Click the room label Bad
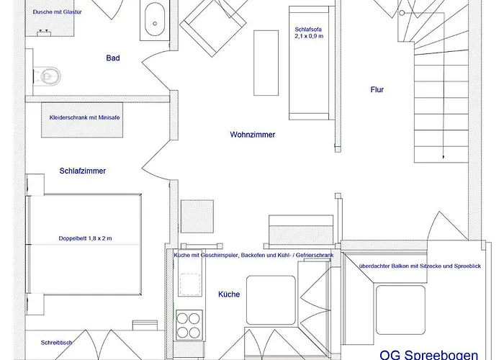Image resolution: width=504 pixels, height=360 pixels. point(113,58)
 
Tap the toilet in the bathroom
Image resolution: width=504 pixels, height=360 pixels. point(47,76)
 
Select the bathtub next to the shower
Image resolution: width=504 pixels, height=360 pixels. point(155,20)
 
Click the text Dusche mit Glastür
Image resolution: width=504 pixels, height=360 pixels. point(57,12)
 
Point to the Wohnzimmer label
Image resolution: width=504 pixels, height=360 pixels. point(253,135)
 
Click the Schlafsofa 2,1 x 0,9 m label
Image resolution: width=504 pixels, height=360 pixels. point(309,33)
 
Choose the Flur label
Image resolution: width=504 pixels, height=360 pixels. point(377,90)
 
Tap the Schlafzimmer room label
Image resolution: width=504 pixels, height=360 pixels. point(83,171)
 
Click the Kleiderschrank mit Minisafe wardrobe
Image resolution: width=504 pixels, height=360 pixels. point(82,120)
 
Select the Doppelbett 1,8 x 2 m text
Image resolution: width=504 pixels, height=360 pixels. point(85,238)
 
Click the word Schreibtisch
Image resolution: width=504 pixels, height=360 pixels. point(57,343)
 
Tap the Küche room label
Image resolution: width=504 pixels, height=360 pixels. point(229,294)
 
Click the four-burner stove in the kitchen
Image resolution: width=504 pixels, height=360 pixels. point(189,325)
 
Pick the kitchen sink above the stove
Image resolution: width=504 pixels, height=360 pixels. point(190,284)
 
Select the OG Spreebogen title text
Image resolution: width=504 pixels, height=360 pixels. point(429,355)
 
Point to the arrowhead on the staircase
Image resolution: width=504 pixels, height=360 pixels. point(444,157)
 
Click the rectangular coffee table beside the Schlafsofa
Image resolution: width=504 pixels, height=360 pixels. point(266,63)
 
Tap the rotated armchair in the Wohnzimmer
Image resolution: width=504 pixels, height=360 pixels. point(213,28)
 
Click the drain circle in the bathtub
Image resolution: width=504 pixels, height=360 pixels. point(155,24)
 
